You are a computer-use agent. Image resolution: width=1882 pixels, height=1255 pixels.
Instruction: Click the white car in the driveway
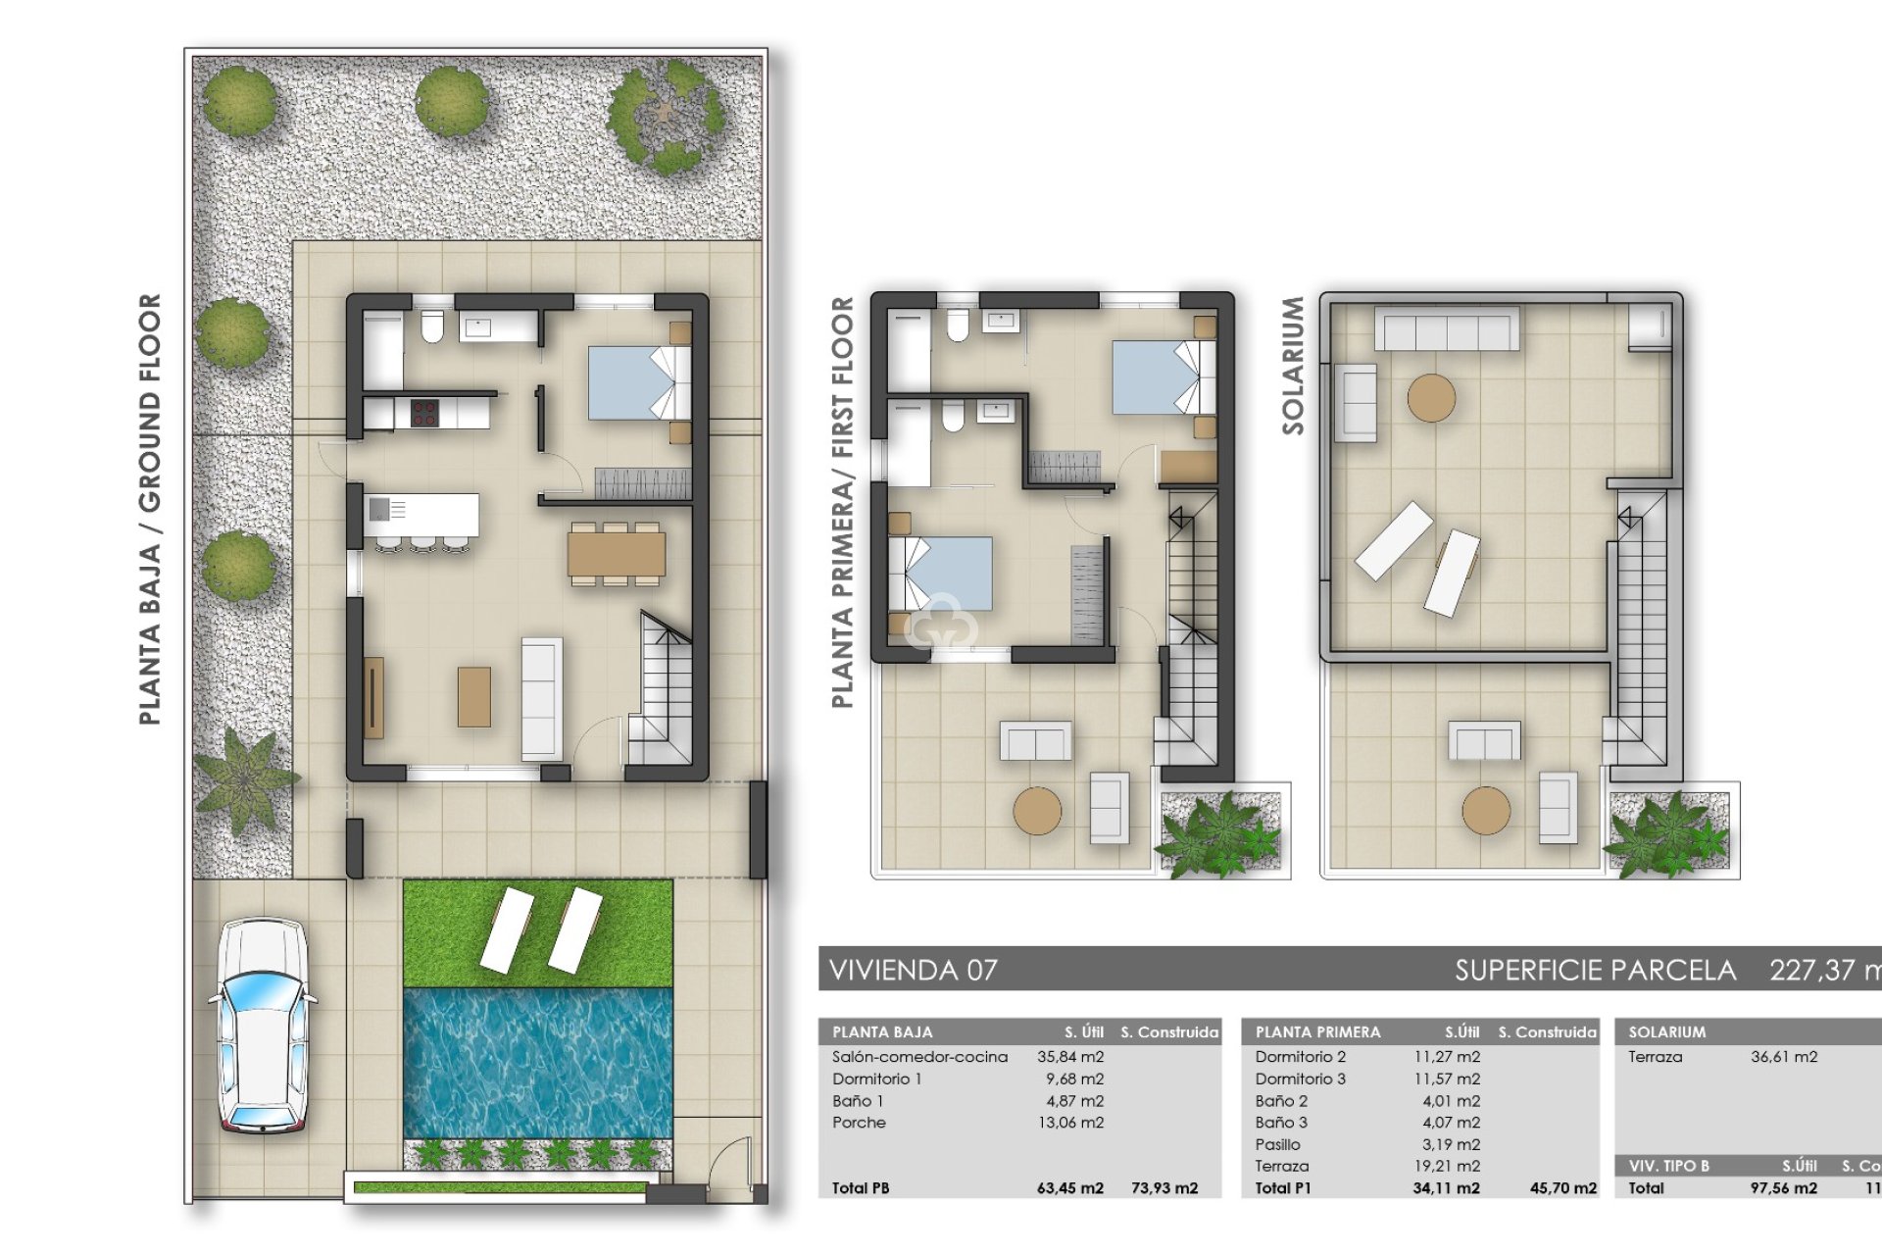click(x=261, y=1025)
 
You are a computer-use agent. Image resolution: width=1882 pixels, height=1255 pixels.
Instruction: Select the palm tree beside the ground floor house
click(x=243, y=779)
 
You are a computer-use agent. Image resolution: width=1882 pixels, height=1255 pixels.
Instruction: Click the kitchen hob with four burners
click(x=423, y=413)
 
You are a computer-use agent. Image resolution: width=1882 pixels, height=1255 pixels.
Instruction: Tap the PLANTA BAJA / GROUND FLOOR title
click(x=149, y=510)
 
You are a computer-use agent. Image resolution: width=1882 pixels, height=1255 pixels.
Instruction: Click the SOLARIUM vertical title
click(x=1293, y=366)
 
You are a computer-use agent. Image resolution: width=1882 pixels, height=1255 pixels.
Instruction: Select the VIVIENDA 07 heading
click(x=913, y=971)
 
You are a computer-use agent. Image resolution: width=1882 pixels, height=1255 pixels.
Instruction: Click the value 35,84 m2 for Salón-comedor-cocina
click(x=1070, y=1057)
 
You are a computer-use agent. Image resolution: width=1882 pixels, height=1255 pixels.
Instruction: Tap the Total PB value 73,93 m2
click(x=1164, y=1188)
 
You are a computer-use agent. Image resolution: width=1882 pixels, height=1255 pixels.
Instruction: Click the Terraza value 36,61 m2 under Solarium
click(x=1784, y=1057)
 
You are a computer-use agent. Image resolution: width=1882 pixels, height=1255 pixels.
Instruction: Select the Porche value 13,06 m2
click(x=1070, y=1123)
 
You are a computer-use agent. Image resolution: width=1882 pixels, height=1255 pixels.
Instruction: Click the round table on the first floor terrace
click(x=1037, y=811)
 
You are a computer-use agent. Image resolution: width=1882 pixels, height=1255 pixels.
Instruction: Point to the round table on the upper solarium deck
click(x=1431, y=398)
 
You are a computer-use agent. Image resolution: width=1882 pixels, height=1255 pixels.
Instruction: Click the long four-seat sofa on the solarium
click(x=1447, y=329)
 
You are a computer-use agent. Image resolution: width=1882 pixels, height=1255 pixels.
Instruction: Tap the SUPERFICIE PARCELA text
click(x=1595, y=971)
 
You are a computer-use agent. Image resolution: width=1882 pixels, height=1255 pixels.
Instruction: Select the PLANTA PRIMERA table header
click(x=1317, y=1032)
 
